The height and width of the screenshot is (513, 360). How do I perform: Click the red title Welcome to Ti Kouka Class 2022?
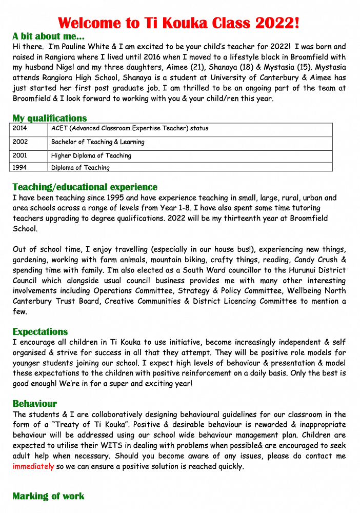click(x=178, y=23)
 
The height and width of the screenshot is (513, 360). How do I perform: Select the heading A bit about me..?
click(x=48, y=36)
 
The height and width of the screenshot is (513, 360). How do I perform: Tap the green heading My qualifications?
click(x=50, y=119)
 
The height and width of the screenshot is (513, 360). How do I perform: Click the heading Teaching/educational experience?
click(x=85, y=187)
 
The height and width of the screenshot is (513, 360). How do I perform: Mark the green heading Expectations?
click(x=40, y=332)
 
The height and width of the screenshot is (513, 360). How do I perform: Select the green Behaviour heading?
click(x=35, y=404)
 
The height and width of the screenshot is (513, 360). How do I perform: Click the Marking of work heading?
click(x=48, y=496)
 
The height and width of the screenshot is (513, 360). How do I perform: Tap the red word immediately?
click(x=33, y=467)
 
